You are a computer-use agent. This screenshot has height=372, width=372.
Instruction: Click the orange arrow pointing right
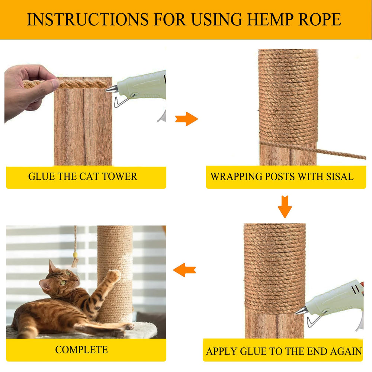point(186,119)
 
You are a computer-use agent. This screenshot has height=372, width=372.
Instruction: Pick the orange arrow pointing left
point(185,270)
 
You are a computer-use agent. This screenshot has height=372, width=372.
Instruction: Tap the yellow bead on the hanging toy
point(76,255)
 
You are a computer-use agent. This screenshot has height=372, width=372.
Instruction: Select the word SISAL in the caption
point(338,176)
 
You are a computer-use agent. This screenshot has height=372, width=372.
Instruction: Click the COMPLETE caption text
point(81,350)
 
